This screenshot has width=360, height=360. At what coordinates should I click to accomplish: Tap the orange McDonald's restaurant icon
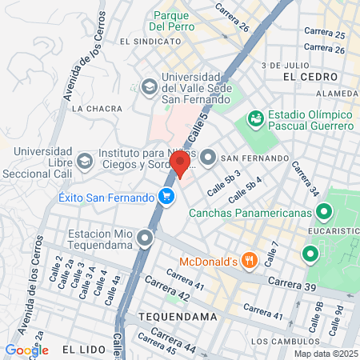[x=250, y=260]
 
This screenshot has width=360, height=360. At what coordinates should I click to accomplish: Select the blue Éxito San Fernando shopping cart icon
[x=166, y=196]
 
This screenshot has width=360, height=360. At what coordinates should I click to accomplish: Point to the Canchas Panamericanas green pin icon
[x=324, y=213]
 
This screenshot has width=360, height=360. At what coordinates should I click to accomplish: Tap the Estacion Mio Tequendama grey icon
[x=144, y=238]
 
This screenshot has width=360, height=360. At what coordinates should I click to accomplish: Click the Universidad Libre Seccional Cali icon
[x=86, y=158]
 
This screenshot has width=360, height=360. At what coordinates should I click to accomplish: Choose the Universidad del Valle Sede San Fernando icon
[x=149, y=86]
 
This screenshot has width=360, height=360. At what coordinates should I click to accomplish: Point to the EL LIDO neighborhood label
[x=82, y=350]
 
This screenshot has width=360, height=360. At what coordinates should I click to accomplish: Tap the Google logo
[x=26, y=350]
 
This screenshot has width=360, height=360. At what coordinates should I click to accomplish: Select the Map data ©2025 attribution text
[x=324, y=354]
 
